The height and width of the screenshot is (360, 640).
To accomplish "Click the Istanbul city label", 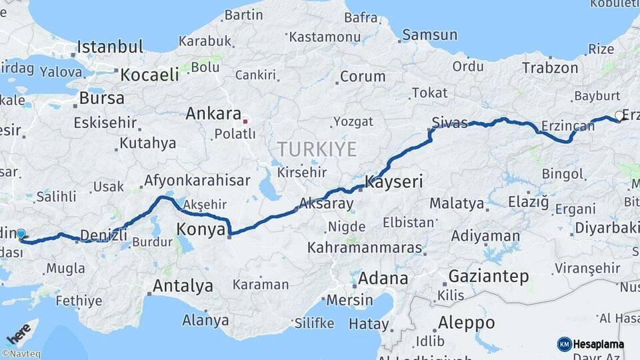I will point(110,47).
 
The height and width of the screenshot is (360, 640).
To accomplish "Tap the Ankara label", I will point(213,113).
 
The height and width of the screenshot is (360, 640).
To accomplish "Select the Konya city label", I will point(199,230).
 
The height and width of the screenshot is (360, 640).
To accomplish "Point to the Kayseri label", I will point(394,181).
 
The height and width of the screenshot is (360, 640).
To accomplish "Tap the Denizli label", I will point(103,234).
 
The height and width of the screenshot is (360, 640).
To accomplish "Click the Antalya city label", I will point(183,286).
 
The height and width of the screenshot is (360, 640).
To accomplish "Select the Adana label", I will point(383,278).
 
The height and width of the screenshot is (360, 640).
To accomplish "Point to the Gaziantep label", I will point(489,275).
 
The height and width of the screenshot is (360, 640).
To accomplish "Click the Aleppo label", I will point(466,323).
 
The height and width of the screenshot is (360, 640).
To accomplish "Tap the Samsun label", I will point(429,35).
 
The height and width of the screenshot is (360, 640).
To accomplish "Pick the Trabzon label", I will point(550,67).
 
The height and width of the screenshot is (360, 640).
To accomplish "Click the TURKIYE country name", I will point(317,149).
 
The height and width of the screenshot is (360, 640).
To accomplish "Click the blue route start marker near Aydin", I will point(21,234).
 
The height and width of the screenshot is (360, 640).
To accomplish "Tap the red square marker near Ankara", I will point(245,121).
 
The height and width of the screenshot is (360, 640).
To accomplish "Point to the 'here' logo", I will point(19,331).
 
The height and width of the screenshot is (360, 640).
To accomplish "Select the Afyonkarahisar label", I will point(197,180).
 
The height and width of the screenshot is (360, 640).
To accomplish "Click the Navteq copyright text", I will point(21,354).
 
